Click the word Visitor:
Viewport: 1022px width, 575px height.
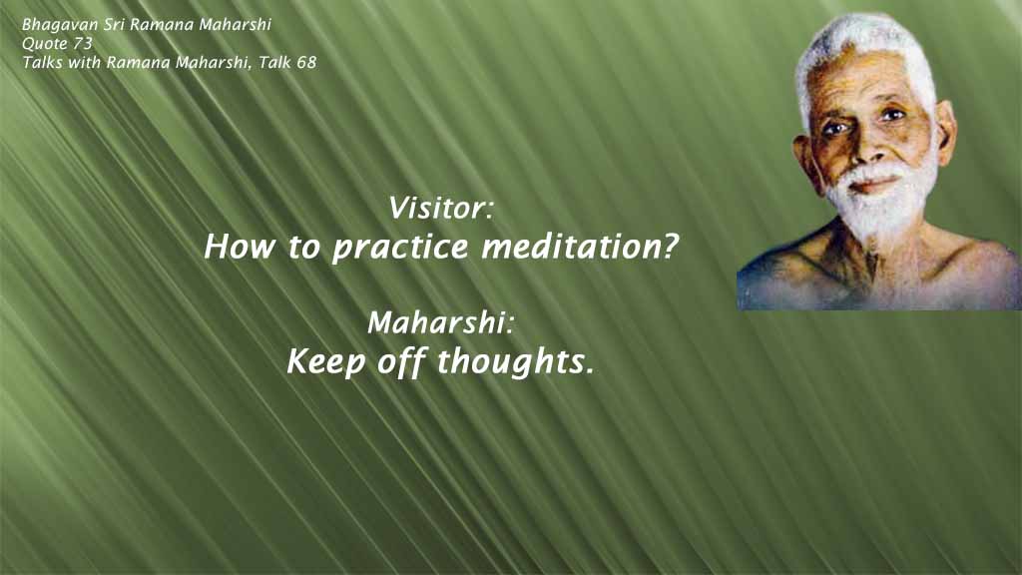pos(440,210)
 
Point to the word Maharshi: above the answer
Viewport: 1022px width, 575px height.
pos(440,324)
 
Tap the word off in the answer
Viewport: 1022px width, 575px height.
pos(402,362)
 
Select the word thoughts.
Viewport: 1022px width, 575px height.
pos(516,362)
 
